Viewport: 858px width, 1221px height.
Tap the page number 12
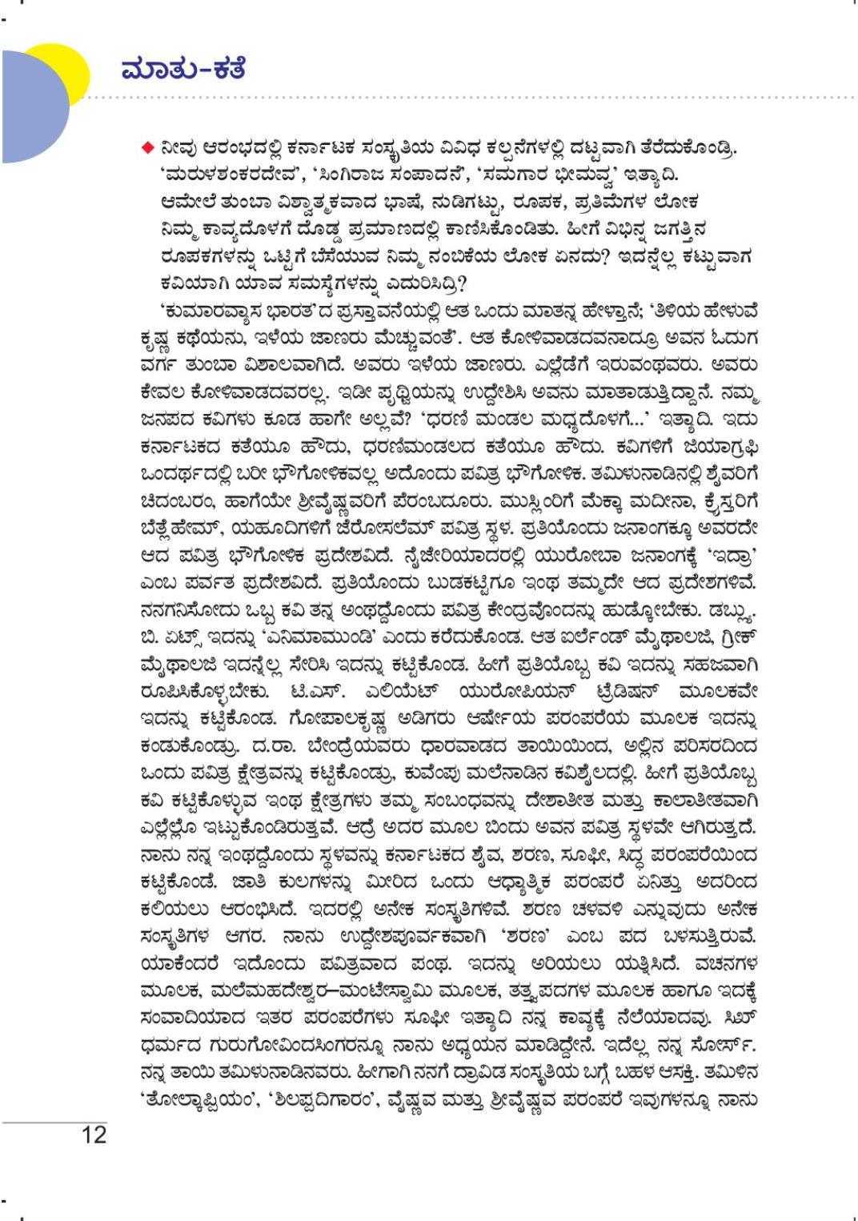[x=93, y=1135]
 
